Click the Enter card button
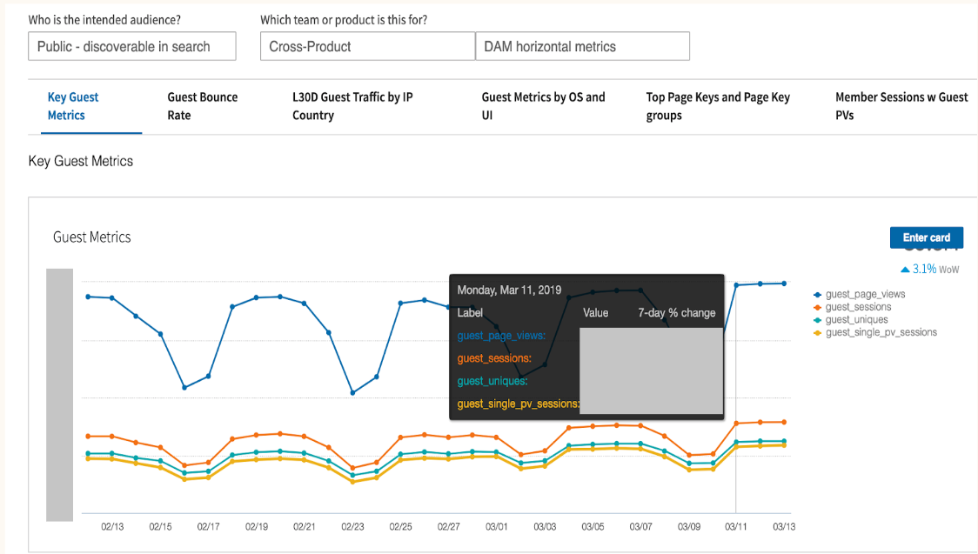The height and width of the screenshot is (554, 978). [926, 237]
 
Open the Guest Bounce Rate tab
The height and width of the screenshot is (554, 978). [202, 106]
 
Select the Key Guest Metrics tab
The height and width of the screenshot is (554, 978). [73, 106]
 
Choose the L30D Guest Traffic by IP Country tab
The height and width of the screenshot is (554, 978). [352, 106]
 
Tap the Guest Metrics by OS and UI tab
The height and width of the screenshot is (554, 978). [543, 106]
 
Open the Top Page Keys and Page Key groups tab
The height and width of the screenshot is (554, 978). [718, 106]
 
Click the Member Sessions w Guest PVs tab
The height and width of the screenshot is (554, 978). [901, 106]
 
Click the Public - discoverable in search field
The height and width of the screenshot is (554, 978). [131, 47]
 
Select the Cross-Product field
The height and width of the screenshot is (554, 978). [366, 47]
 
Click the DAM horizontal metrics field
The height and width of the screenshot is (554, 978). [582, 47]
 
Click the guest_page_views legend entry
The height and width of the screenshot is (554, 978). [865, 295]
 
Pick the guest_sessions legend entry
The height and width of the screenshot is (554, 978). [858, 307]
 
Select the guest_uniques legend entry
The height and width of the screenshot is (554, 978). [856, 320]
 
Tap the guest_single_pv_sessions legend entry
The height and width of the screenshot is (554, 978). [881, 332]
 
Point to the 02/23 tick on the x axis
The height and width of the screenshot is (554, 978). [352, 527]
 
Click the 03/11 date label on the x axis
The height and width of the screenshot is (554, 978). [736, 527]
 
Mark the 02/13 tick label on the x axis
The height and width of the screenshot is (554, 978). [112, 527]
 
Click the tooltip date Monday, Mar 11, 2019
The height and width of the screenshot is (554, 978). [509, 290]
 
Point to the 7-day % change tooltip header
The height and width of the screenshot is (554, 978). [676, 312]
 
